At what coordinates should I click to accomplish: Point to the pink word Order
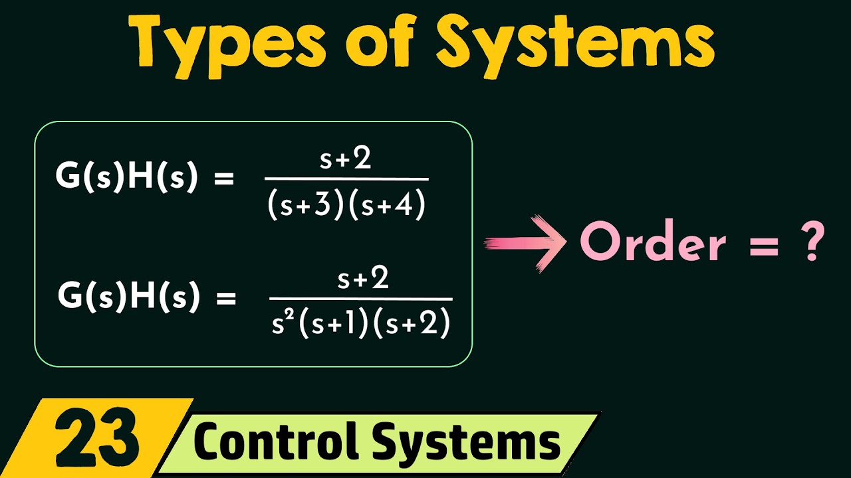[653, 244]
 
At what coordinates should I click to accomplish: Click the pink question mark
[812, 243]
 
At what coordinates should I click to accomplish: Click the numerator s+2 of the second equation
[362, 279]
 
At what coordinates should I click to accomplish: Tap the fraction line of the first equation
[346, 179]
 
